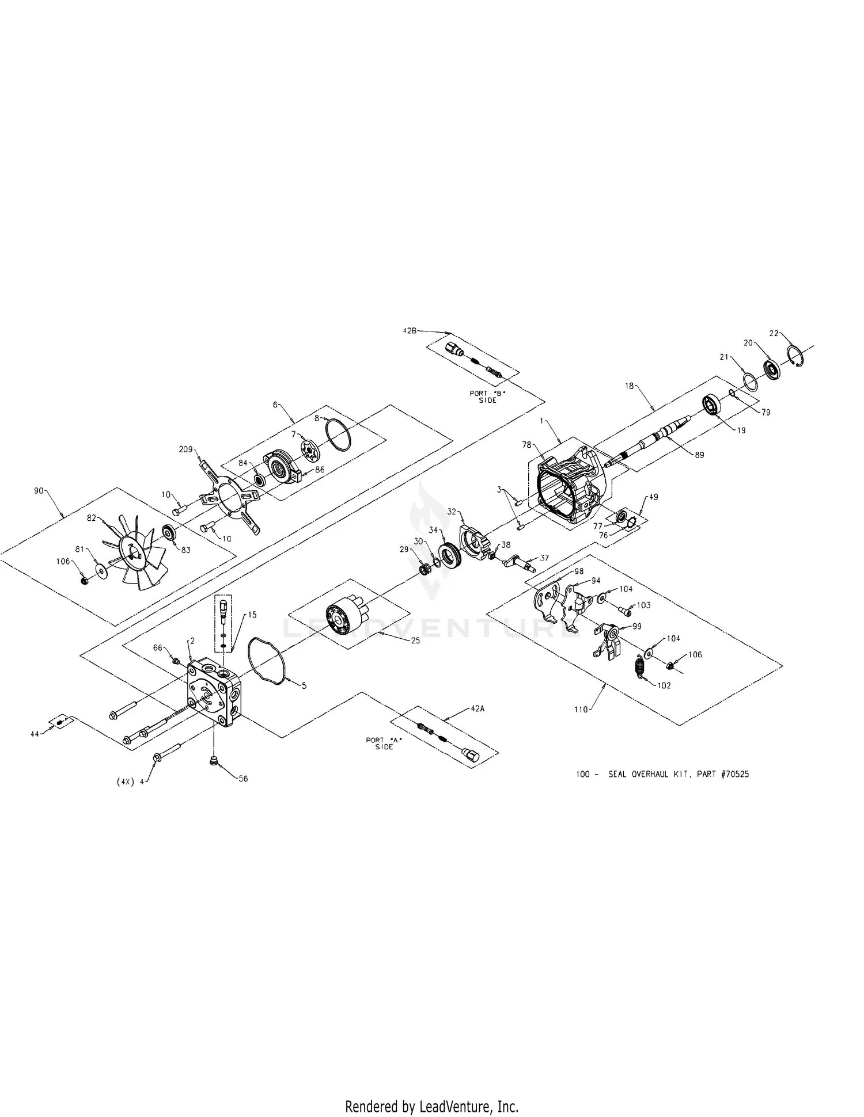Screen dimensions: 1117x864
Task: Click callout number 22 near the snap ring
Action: tap(774, 333)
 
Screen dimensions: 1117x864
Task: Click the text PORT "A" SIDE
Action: tap(384, 743)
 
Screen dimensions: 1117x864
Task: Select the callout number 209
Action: tap(186, 449)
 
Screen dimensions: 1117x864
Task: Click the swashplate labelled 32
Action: tap(475, 542)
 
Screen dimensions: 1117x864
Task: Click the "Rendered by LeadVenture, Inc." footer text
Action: tap(431, 1105)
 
